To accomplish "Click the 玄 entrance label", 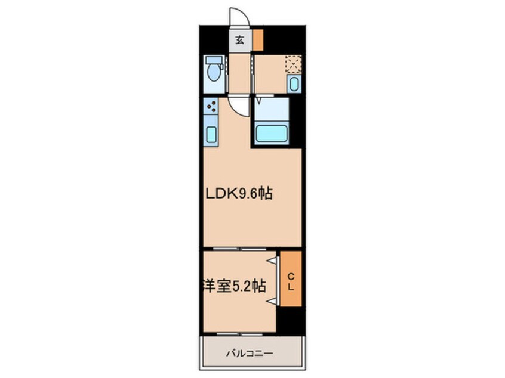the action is click(239, 41).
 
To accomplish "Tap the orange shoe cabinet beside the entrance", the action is click(258, 40).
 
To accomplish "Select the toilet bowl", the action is click(213, 73).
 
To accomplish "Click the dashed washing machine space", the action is click(294, 64).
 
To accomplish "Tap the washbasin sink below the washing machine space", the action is click(294, 84).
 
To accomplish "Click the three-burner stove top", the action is click(211, 106).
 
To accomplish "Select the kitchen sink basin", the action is click(211, 134).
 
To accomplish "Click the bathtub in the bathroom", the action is click(271, 133).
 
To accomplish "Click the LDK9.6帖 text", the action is click(239, 193).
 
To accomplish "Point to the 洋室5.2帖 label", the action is click(234, 286).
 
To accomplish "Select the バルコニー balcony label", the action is click(250, 354).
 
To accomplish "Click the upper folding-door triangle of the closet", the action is click(273, 261).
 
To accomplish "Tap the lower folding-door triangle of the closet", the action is click(273, 301).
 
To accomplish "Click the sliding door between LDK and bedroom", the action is click(239, 249).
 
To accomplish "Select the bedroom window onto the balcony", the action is click(239, 334).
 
